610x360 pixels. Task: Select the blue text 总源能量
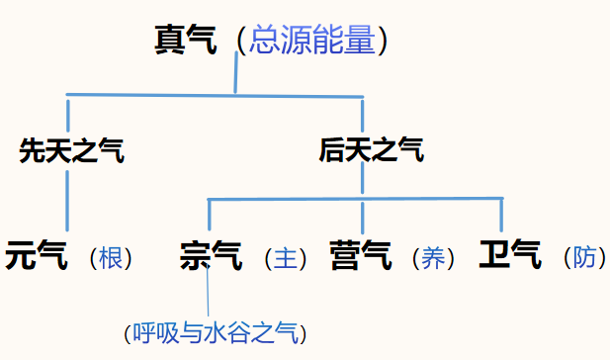tap(311, 41)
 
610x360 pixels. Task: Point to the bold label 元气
tap(37, 257)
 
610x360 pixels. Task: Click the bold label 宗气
tap(211, 257)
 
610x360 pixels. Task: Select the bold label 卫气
tap(510, 257)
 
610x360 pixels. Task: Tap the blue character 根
tap(111, 258)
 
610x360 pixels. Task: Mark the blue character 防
tap(584, 258)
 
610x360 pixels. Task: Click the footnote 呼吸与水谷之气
tap(217, 332)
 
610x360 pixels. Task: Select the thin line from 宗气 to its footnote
tap(210, 297)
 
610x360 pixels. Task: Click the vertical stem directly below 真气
tap(235, 74)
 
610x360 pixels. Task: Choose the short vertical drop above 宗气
tap(210, 216)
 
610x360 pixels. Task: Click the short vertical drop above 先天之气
tap(67, 112)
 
